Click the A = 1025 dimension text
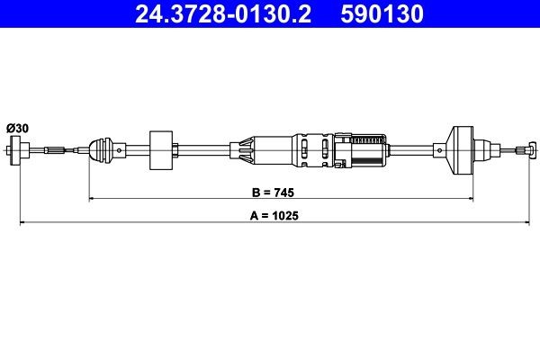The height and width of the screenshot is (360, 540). point(276,216)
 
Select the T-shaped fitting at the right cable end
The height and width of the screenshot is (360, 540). point(530,149)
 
